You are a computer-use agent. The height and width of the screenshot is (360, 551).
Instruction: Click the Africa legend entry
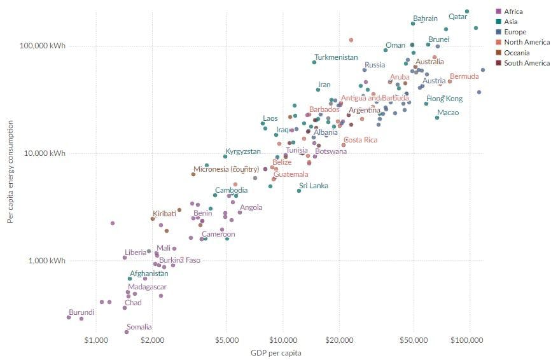coord(512,11)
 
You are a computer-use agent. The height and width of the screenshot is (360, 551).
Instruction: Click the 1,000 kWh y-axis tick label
coord(48,261)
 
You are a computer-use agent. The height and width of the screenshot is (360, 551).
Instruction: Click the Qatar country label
coord(457,17)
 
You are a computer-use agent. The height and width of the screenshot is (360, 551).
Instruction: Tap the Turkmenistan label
coord(336,57)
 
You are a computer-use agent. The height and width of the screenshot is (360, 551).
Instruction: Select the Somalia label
coord(139,327)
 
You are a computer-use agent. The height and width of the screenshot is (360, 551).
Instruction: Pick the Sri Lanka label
coord(314,186)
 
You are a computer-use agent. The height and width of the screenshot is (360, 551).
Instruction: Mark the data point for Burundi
coord(69,317)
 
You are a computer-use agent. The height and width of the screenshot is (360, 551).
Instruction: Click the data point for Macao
coord(437,118)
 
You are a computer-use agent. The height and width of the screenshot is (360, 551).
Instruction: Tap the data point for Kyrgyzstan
coord(225,156)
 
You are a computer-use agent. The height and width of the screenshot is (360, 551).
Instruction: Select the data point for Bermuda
coord(450,81)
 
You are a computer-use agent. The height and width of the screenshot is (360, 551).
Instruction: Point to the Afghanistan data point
coord(130,279)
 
